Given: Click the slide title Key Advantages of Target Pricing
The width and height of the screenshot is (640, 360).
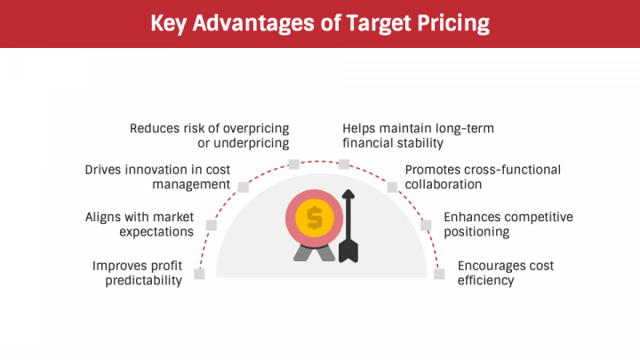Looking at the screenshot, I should click(x=319, y=22).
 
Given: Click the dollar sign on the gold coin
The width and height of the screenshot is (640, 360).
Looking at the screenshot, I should click(x=314, y=217).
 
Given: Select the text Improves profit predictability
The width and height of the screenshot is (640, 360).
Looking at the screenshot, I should click(x=137, y=273).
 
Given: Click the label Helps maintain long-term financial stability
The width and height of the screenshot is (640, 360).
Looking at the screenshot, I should click(x=418, y=135).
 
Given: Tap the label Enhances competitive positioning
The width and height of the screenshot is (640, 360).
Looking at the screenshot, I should click(x=508, y=224).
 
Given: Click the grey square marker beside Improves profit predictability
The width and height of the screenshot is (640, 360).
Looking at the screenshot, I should click(x=199, y=274).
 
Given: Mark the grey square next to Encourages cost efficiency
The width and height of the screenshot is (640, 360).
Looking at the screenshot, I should click(x=439, y=274).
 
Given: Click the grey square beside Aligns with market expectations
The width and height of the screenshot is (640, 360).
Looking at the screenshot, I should click(x=212, y=225).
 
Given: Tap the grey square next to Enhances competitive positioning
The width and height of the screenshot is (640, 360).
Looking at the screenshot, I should click(x=427, y=225).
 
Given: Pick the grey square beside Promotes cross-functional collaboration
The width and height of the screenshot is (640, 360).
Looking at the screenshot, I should click(x=393, y=187).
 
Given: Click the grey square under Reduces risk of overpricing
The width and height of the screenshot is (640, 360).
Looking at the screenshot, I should click(x=294, y=164).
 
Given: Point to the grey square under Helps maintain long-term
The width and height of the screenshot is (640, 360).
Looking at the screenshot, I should click(x=344, y=164).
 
